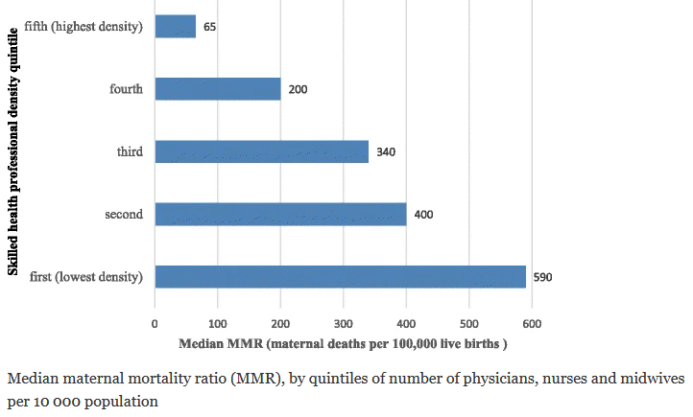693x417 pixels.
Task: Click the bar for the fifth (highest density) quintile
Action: pyautogui.click(x=176, y=27)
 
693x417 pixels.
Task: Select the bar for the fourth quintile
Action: pyautogui.click(x=218, y=89)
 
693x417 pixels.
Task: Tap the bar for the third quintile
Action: pyautogui.click(x=262, y=151)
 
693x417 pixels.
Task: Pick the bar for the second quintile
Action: pyautogui.click(x=280, y=214)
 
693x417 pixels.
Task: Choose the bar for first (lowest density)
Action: pyautogui.click(x=341, y=277)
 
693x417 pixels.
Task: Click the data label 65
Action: pyautogui.click(x=209, y=27)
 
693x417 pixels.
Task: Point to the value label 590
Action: pyautogui.click(x=542, y=277)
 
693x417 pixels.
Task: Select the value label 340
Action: pyautogui.click(x=387, y=151)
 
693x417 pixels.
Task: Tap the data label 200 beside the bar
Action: pyautogui.click(x=297, y=89)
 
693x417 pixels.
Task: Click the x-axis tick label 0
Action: pyautogui.click(x=155, y=323)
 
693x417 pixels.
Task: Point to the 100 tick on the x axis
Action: pyautogui.click(x=218, y=323)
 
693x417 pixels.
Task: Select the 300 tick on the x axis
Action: pyautogui.click(x=344, y=323)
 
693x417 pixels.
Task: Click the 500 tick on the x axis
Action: pyautogui.click(x=469, y=323)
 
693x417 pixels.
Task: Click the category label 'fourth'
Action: pyautogui.click(x=126, y=89)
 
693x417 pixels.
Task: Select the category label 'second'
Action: pyautogui.click(x=124, y=214)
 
